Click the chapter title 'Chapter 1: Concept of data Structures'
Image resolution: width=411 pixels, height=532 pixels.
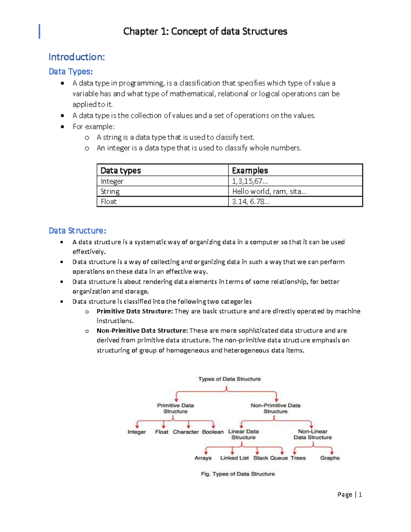205,32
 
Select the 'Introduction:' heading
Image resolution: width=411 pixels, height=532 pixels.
77,57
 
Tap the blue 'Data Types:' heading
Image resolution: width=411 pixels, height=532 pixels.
71,72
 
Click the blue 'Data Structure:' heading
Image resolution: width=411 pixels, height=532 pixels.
77,231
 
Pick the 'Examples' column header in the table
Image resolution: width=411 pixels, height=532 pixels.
250,171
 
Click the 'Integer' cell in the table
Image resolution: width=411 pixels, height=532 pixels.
112,181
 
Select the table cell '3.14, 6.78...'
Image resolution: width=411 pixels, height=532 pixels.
251,201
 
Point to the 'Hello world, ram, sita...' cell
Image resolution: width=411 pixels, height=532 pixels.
269,191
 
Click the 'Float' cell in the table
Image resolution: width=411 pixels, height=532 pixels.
109,201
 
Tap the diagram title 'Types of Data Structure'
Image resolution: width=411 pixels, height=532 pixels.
229,379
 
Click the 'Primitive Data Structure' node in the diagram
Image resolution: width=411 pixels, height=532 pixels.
175,408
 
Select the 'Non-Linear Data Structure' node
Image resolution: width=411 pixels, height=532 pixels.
312,434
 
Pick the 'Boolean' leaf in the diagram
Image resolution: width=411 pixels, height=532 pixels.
213,432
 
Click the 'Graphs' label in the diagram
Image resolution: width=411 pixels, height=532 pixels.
330,458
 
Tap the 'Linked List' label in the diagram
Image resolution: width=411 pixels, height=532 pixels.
234,458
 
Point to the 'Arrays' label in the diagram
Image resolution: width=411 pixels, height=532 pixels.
203,458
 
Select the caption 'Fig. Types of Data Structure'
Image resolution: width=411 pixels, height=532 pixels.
238,474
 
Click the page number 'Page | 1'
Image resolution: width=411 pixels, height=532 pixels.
349,494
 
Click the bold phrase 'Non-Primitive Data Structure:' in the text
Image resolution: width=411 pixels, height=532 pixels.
142,331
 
